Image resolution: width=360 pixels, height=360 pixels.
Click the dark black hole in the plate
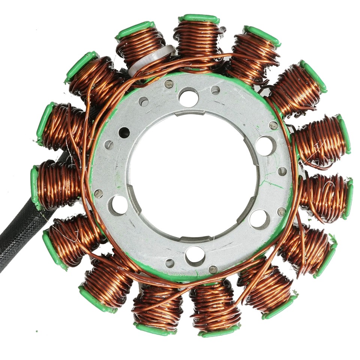coord(124,132)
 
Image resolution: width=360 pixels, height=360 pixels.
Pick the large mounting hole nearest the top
coord(188,97)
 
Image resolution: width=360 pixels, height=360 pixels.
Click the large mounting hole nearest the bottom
coord(195,255)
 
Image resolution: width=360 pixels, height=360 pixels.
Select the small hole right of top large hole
coord(215,90)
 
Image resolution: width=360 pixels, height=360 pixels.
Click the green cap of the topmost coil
coord(199,18)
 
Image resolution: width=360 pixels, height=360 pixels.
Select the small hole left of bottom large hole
coord(170,263)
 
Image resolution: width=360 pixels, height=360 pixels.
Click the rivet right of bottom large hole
coord(213,269)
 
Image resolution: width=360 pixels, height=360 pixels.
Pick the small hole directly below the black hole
coord(109,145)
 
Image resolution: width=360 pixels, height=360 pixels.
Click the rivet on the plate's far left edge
coord(98,193)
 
